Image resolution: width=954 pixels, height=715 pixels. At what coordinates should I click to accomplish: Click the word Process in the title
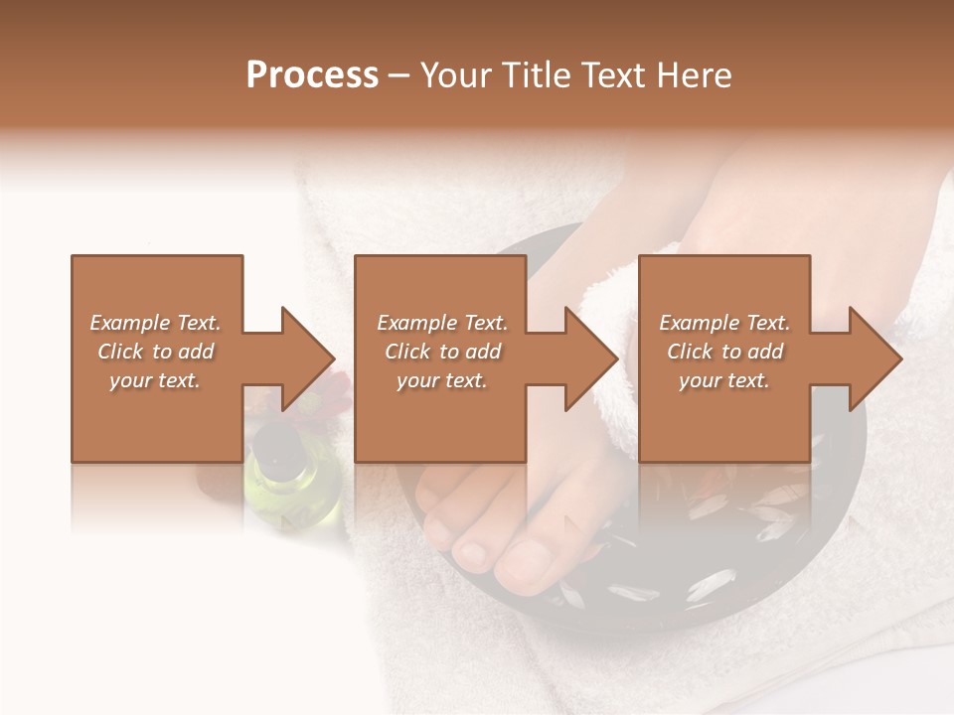pyautogui.click(x=312, y=75)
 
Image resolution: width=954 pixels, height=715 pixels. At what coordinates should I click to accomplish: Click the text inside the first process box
pyautogui.click(x=155, y=352)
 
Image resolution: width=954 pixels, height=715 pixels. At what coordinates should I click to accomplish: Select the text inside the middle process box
pyautogui.click(x=441, y=352)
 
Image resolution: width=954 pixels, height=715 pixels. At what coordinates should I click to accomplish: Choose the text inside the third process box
pyautogui.click(x=724, y=352)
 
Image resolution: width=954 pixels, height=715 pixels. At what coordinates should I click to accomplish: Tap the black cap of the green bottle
pyautogui.click(x=274, y=437)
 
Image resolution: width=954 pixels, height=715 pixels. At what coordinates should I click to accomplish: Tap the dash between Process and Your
pyautogui.click(x=398, y=75)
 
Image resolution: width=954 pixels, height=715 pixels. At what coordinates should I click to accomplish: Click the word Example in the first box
pyautogui.click(x=130, y=323)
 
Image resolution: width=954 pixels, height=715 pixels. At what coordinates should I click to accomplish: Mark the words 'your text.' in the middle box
pyautogui.click(x=441, y=380)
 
